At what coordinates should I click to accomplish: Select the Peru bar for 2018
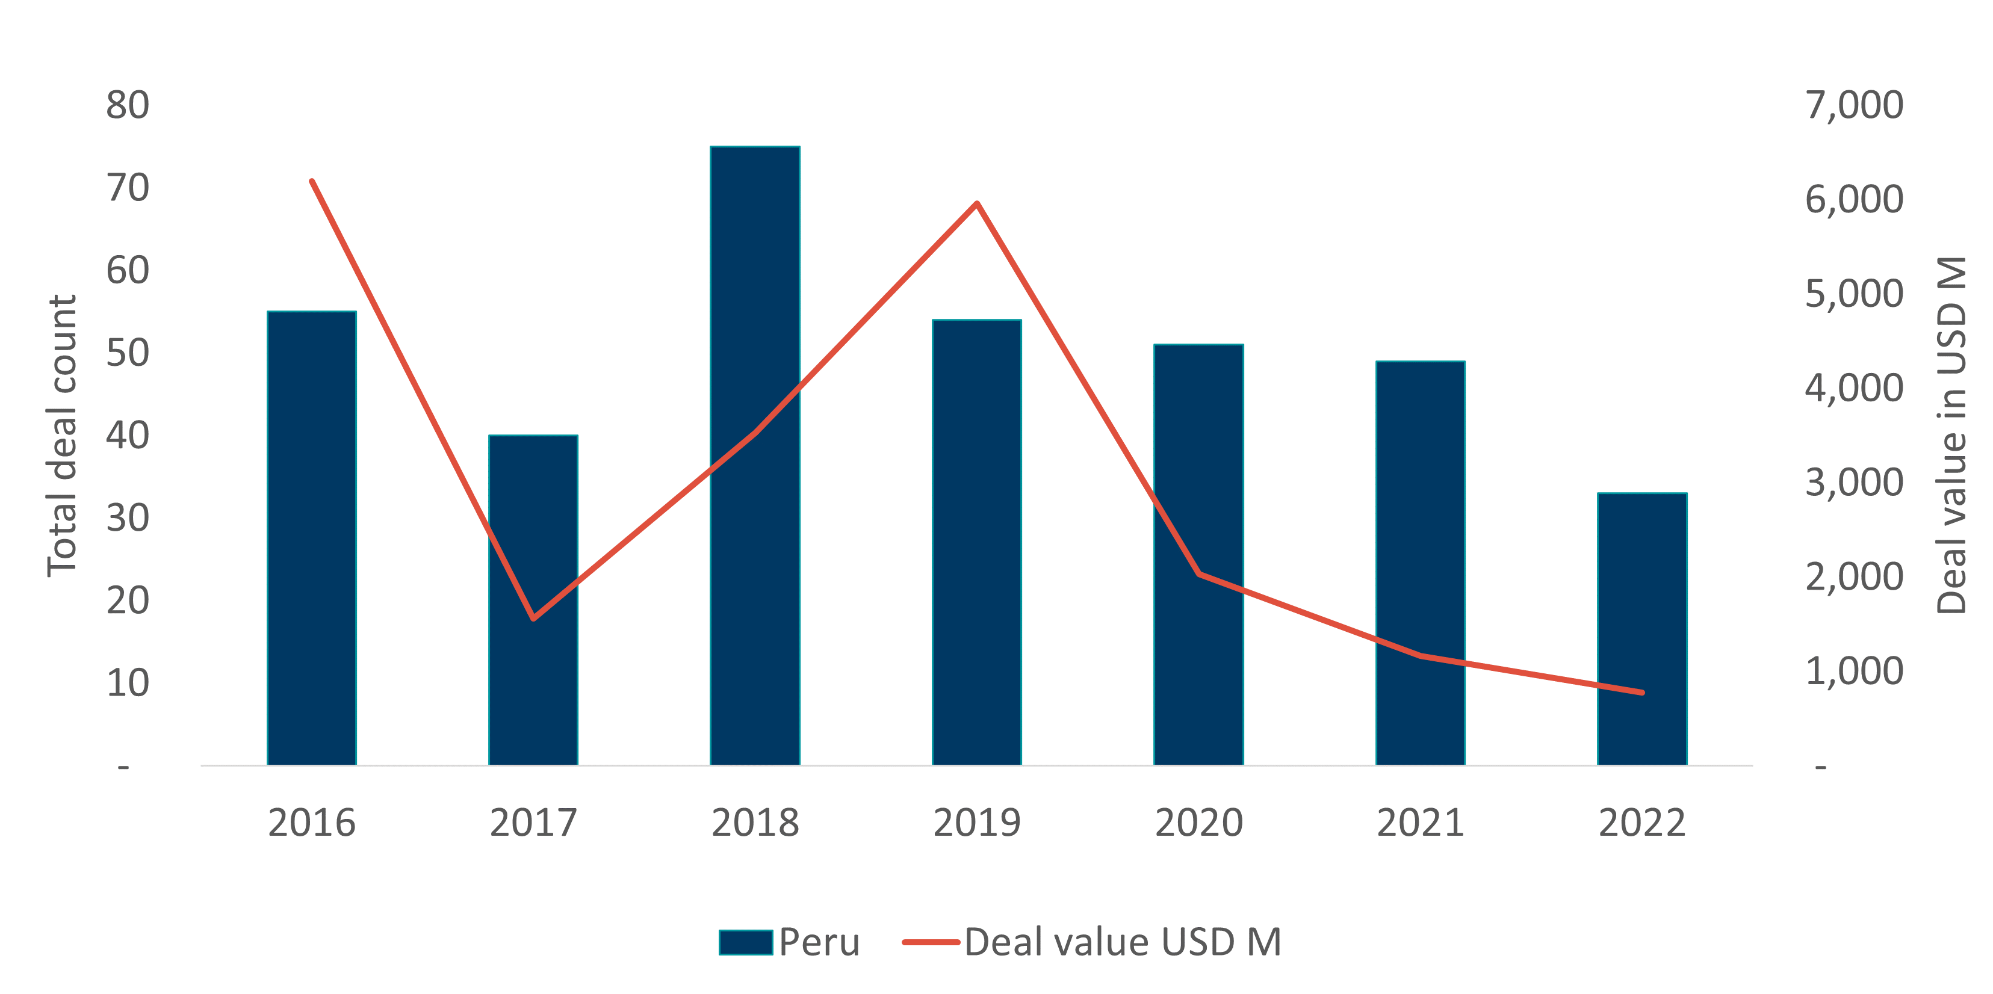click(754, 457)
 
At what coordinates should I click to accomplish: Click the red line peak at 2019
click(977, 204)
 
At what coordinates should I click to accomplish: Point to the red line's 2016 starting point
click(312, 182)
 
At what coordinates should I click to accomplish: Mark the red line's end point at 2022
click(1641, 693)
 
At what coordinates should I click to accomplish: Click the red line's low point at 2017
click(533, 618)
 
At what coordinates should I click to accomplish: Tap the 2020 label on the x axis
click(1198, 823)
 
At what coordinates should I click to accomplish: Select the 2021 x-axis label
click(1421, 823)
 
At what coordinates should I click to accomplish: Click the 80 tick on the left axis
click(128, 105)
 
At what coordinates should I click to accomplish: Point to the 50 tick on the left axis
click(128, 353)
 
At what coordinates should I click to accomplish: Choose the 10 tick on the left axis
click(128, 683)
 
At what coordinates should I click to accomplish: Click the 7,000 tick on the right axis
click(1854, 105)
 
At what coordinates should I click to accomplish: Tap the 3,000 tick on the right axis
click(1854, 483)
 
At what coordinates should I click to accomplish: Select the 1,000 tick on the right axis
click(1854, 671)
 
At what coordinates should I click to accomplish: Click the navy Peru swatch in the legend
click(745, 942)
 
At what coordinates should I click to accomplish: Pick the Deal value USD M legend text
click(1123, 942)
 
